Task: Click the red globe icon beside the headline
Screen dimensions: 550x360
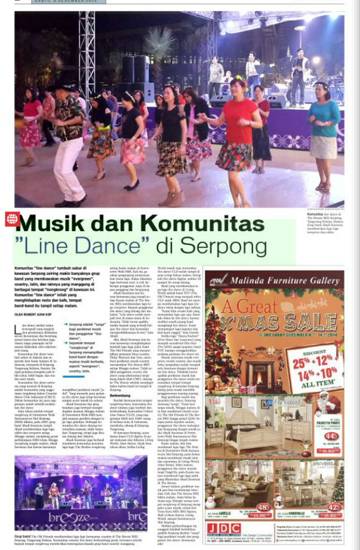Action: pos(11,219)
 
